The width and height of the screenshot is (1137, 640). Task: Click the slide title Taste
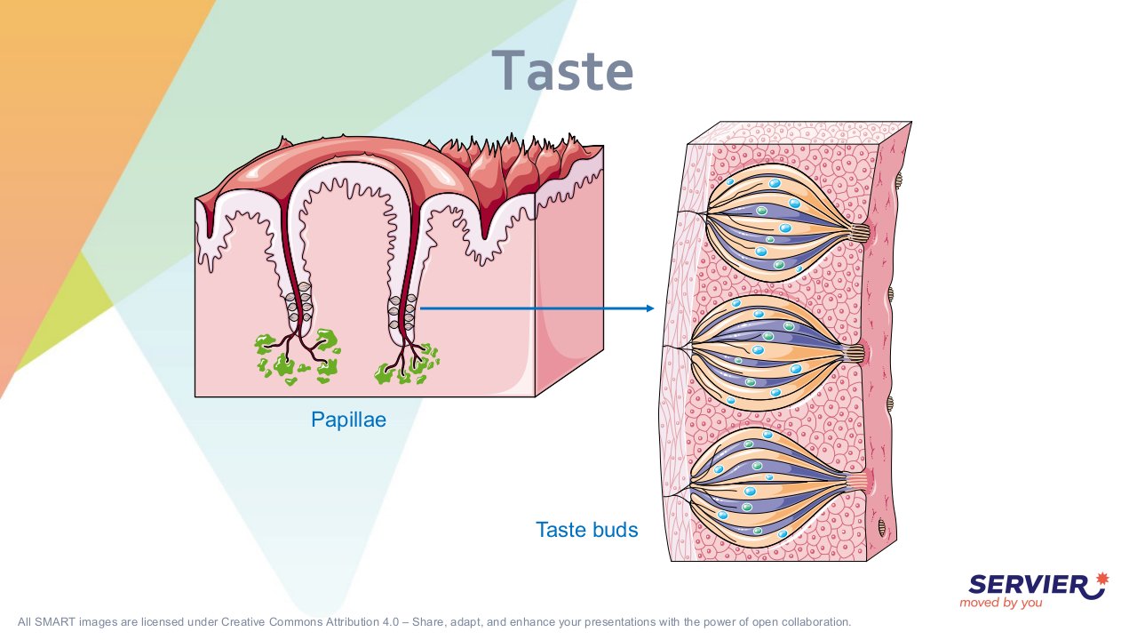point(562,70)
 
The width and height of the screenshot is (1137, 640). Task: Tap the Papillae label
point(348,420)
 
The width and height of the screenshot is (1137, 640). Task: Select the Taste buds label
point(587,530)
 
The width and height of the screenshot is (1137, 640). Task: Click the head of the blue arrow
point(650,308)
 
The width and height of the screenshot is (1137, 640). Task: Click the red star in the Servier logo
point(1102,579)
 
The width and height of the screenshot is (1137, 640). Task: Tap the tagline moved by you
point(1000,603)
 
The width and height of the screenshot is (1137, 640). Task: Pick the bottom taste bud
point(776,486)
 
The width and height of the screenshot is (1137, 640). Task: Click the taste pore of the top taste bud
point(860,233)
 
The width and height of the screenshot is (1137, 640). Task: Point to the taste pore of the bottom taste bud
point(857,481)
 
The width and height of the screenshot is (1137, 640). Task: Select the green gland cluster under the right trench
point(407,364)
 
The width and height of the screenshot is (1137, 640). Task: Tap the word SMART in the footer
point(55,621)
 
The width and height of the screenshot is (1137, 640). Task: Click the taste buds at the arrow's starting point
point(402,311)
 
